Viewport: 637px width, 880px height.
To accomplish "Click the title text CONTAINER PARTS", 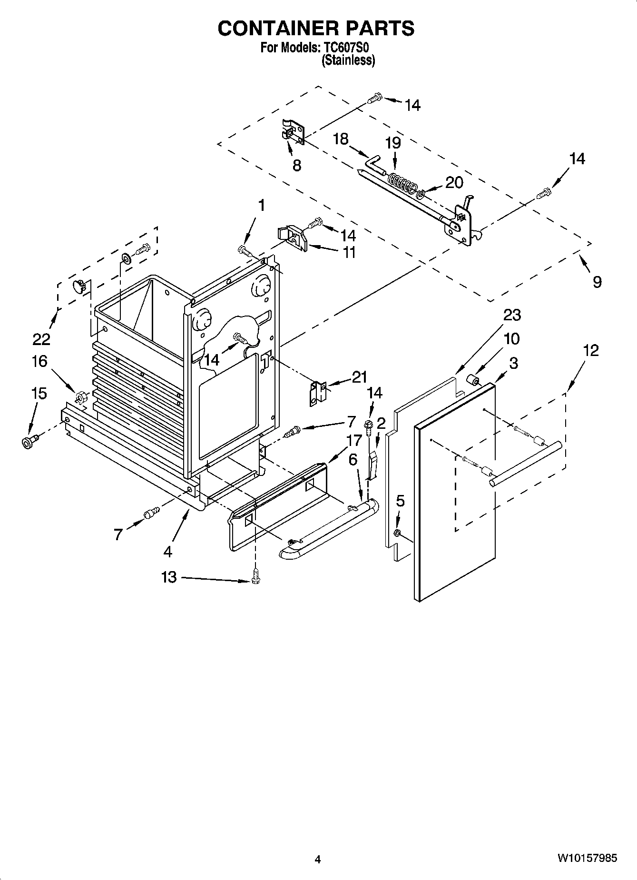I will (x=316, y=29).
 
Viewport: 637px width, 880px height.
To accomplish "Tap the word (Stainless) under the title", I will (x=348, y=60).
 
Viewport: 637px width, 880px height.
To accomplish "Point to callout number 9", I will (x=597, y=282).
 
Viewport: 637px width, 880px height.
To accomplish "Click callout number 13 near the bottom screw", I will (x=169, y=577).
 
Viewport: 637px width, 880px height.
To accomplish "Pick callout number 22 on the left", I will (x=42, y=339).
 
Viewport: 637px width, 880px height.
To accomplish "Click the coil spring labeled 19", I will (x=401, y=182).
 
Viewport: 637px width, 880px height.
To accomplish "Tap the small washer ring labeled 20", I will (x=421, y=193).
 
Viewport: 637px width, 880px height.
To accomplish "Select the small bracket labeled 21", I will (x=317, y=393).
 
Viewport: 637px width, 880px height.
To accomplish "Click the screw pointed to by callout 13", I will (x=256, y=575).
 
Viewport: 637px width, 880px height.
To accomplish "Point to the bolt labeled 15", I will (x=29, y=441).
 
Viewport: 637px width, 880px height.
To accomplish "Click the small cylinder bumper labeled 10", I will (x=473, y=380).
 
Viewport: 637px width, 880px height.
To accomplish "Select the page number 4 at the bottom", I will (x=318, y=860).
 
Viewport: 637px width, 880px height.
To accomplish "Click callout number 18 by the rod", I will (x=341, y=139).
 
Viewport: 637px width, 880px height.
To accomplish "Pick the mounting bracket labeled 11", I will (x=294, y=237).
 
